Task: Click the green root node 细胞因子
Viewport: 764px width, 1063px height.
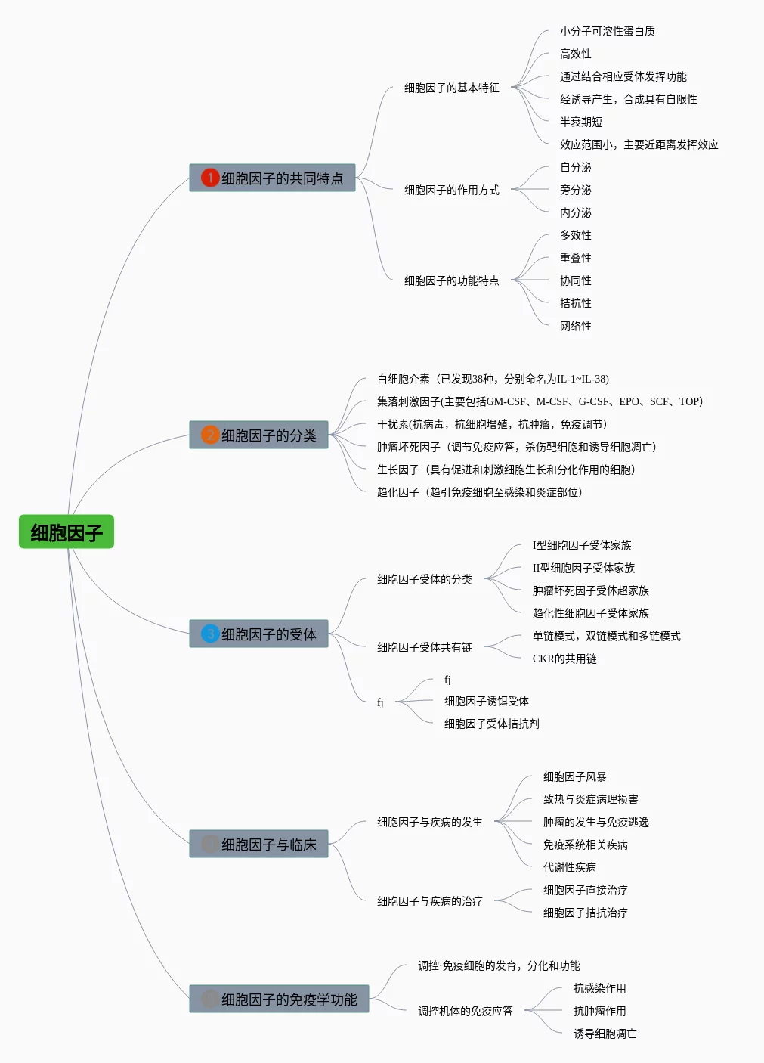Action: [67, 531]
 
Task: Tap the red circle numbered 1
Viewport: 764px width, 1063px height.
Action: [210, 178]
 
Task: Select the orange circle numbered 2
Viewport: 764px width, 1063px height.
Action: [210, 435]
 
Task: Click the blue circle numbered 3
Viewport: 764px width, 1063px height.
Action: [210, 634]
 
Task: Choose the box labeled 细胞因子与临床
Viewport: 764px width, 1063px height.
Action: [258, 844]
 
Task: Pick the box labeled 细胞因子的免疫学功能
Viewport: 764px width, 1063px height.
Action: [279, 999]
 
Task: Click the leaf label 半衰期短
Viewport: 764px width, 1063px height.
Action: [581, 122]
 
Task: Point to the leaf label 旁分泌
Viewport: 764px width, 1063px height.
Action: [576, 190]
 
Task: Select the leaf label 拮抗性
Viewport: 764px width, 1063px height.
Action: [576, 303]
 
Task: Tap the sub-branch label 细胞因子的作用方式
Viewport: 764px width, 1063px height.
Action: [451, 190]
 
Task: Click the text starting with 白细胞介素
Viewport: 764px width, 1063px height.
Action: [493, 379]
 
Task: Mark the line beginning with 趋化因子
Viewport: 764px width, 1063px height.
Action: [479, 492]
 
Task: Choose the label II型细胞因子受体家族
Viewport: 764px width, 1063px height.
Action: [583, 568]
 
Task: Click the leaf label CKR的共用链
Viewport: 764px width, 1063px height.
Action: [564, 659]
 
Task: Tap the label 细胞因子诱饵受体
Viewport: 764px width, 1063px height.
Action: [486, 701]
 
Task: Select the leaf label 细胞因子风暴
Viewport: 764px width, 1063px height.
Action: [575, 776]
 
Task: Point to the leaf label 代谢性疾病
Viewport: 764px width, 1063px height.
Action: [570, 867]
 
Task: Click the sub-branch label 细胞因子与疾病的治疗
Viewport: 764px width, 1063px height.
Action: [430, 901]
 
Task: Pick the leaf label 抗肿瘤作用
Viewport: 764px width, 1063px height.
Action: [599, 1011]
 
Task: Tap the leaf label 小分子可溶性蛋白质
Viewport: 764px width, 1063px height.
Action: [607, 31]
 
